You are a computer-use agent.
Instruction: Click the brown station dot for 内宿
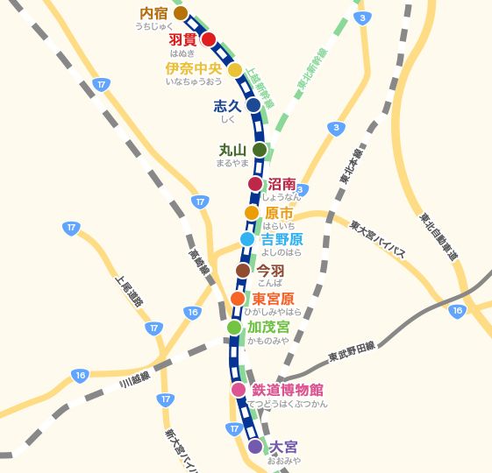pyautogui.click(x=181, y=13)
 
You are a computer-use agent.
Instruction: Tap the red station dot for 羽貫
pyautogui.click(x=209, y=39)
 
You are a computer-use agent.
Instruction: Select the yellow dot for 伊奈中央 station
pyautogui.click(x=235, y=70)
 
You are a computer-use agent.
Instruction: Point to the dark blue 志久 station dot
pyautogui.click(x=253, y=105)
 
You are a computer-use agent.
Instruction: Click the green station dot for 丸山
pyautogui.click(x=260, y=150)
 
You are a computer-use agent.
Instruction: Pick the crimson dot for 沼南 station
pyautogui.click(x=255, y=184)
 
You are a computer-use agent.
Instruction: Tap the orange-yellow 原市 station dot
pyautogui.click(x=252, y=213)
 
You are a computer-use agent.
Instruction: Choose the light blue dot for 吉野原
pyautogui.click(x=247, y=239)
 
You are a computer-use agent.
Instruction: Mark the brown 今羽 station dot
pyautogui.click(x=243, y=271)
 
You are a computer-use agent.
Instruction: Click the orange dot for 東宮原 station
pyautogui.click(x=238, y=299)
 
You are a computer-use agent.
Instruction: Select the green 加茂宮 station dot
pyautogui.click(x=233, y=328)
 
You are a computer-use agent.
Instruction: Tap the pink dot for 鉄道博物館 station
pyautogui.click(x=239, y=390)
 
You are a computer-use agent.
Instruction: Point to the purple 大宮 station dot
pyautogui.click(x=255, y=447)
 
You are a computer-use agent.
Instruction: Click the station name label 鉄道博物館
pyautogui.click(x=288, y=390)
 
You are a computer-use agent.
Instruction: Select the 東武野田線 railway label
pyautogui.click(x=352, y=351)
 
